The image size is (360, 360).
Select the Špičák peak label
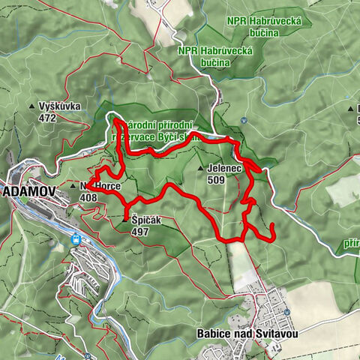148,220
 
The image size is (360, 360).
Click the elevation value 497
139,232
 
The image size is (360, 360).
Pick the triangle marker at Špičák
126,220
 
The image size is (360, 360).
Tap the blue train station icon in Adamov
76,239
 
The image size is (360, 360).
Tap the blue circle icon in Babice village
287,312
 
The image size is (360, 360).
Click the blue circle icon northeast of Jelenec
244,121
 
